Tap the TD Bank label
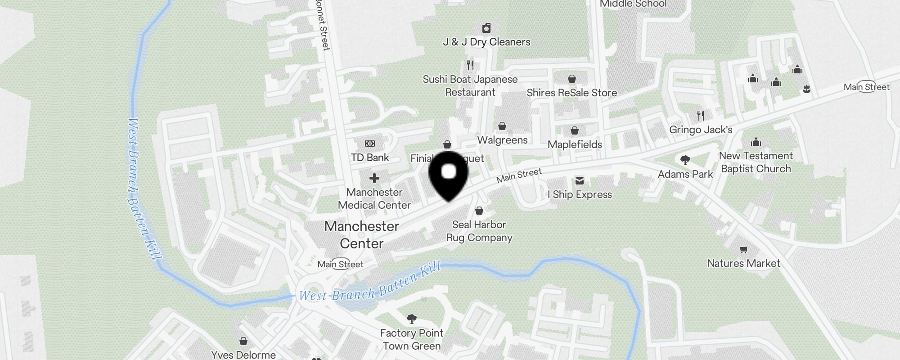click(370, 157)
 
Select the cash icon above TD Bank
click(370, 144)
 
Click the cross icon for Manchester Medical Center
click(374, 178)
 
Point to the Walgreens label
click(502, 140)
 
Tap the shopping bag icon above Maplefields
click(575, 131)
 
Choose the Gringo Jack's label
click(701, 130)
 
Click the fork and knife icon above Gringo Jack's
click(701, 116)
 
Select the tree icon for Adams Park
click(685, 160)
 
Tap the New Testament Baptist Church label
click(756, 162)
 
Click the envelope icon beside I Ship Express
click(580, 181)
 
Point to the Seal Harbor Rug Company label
click(479, 231)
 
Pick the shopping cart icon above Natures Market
click(744, 249)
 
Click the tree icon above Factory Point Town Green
click(411, 319)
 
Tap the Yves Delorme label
click(243, 355)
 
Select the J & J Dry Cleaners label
click(486, 42)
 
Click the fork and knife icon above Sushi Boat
click(470, 65)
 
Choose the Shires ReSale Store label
click(571, 93)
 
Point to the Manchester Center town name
click(362, 234)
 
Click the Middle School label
click(633, 4)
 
